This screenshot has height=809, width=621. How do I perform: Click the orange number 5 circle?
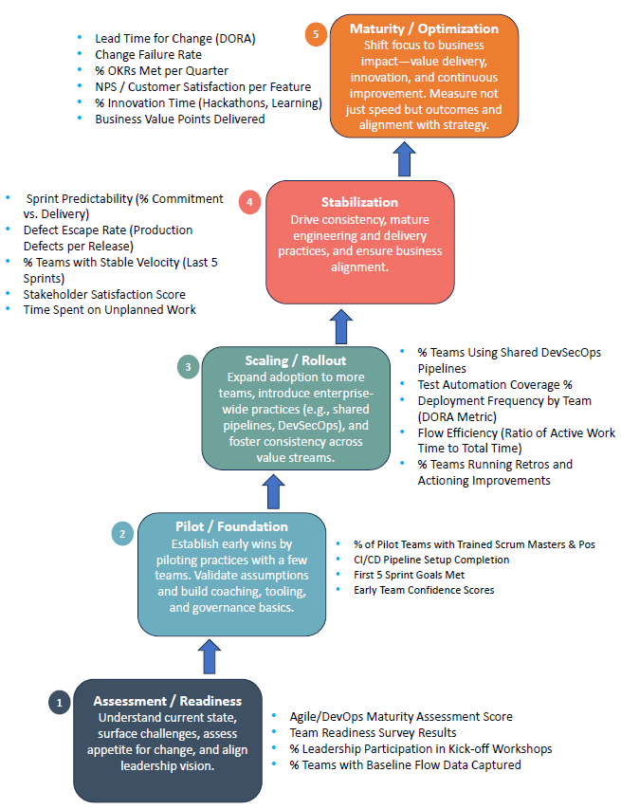pyautogui.click(x=316, y=35)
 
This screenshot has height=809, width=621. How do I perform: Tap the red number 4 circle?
pyautogui.click(x=250, y=202)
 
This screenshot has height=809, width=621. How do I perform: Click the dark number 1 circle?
pyautogui.click(x=59, y=702)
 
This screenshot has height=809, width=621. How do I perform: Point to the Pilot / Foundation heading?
pyautogui.click(x=232, y=526)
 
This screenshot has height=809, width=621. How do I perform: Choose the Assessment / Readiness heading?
pyautogui.click(x=168, y=701)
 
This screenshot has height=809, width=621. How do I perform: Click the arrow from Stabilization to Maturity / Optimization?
pyautogui.click(x=405, y=159)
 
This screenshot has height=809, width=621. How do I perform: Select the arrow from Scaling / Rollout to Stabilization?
pyautogui.click(x=339, y=324)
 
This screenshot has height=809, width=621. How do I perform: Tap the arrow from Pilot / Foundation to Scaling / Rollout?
pyautogui.click(x=275, y=490)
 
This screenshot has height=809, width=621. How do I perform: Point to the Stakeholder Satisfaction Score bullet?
pyautogui.click(x=104, y=294)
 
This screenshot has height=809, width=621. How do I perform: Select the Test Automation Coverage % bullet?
pyautogui.click(x=495, y=385)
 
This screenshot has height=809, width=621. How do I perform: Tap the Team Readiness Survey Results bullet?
pyautogui.click(x=374, y=732)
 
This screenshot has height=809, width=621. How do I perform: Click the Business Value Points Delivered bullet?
pyautogui.click(x=179, y=120)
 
